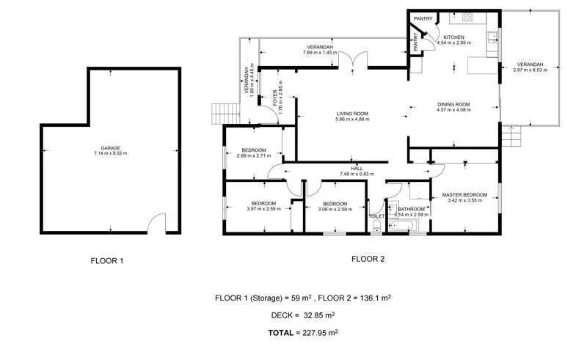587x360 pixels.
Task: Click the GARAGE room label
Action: point(110,147)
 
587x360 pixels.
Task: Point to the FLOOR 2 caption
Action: point(368,258)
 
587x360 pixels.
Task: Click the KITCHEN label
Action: point(453,36)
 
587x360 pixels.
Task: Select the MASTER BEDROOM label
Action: point(464,194)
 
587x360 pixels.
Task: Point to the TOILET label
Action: point(376,216)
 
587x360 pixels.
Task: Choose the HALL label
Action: point(357,168)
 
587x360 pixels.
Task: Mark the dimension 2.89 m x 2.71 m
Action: point(252,156)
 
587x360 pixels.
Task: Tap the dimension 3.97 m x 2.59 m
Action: point(263,209)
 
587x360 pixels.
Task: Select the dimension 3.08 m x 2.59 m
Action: point(334,209)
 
